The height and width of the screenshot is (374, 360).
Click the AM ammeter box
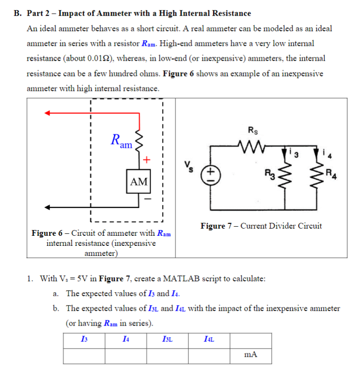[139, 181]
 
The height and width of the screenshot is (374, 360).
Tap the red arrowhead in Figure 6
[48, 113]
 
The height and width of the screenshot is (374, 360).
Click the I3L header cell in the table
[167, 340]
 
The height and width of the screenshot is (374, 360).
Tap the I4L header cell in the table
[209, 340]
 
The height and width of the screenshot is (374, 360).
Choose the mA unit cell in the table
[251, 355]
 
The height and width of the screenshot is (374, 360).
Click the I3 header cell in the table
[84, 340]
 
